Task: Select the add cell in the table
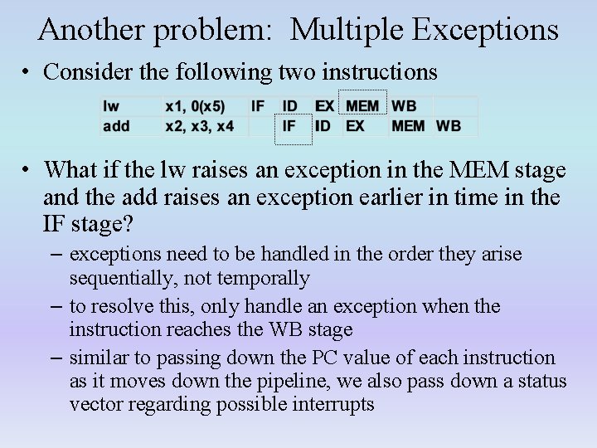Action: click(x=116, y=126)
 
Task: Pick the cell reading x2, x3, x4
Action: click(x=200, y=126)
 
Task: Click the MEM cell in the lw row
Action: click(x=362, y=106)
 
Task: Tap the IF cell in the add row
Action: click(x=289, y=126)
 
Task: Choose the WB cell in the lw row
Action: click(x=404, y=106)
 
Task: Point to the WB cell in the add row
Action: click(x=449, y=126)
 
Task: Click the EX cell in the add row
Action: click(x=355, y=126)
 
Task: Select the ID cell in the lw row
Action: click(x=290, y=106)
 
